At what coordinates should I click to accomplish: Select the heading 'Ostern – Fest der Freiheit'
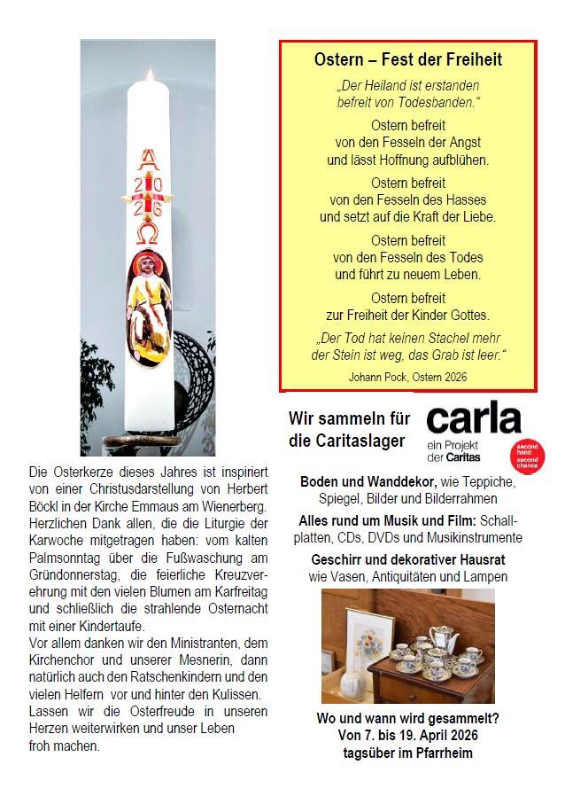tap(407, 60)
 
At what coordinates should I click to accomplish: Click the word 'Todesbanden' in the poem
tap(440, 102)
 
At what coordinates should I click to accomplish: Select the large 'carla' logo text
tap(474, 418)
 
